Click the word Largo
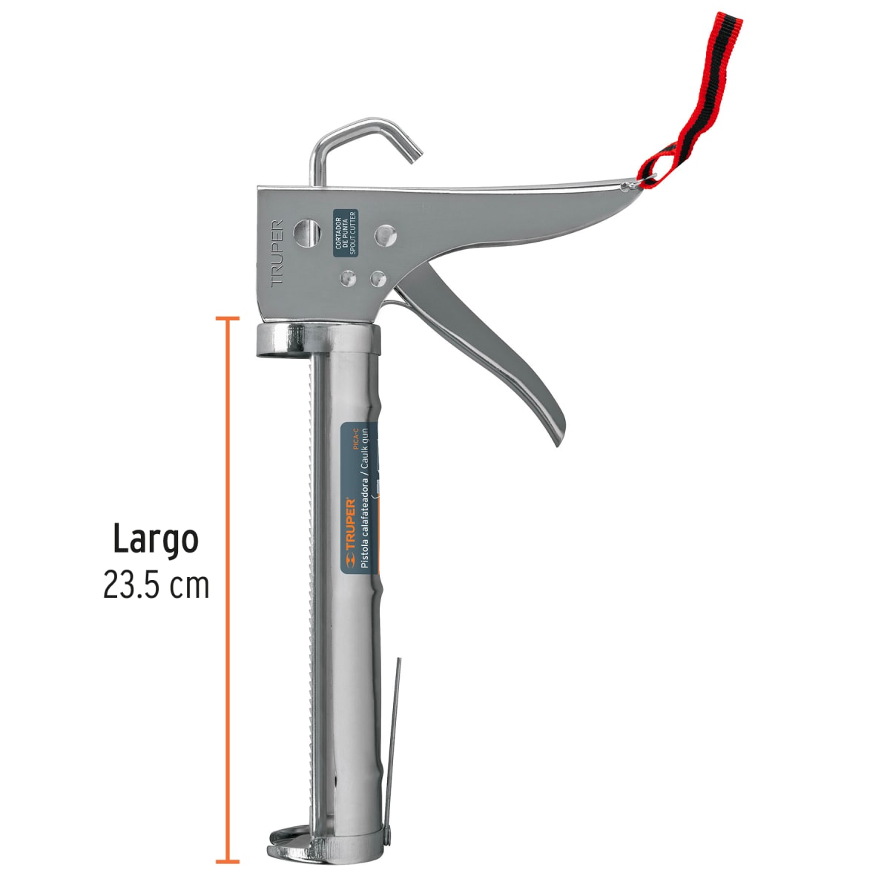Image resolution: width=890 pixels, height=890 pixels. click(156, 540)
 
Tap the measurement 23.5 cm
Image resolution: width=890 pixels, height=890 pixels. click(156, 586)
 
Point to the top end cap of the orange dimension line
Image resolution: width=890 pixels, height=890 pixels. click(227, 319)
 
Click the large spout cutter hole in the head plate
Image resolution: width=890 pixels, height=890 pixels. click(306, 232)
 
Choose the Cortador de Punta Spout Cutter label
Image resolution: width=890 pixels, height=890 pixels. click(345, 233)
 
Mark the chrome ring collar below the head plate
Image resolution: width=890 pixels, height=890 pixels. click(319, 340)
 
